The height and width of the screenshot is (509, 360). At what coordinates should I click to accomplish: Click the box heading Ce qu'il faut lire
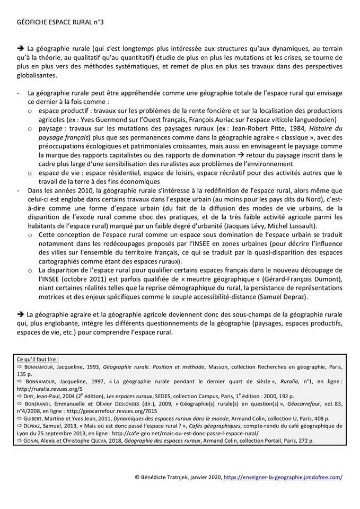[38, 359]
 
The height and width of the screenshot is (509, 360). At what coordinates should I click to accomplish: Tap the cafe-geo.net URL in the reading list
[202, 433]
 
